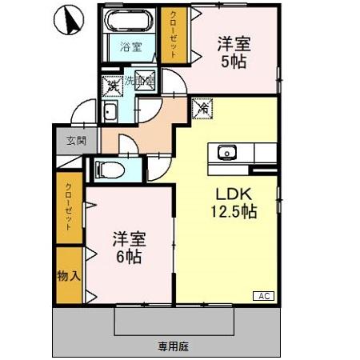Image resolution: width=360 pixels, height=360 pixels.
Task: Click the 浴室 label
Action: pyautogui.click(x=130, y=46)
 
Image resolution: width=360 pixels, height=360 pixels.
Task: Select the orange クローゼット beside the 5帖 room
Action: pyautogui.click(x=173, y=34)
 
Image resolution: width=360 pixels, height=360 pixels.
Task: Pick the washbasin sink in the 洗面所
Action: pyautogui.click(x=110, y=111)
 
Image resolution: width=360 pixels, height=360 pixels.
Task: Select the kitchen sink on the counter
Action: pyautogui.click(x=226, y=151)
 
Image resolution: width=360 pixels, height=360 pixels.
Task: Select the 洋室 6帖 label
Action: pyautogui.click(x=127, y=247)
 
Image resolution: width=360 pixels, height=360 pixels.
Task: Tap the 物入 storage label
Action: pyautogui.click(x=68, y=276)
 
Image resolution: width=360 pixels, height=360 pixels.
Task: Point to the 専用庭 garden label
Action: pyautogui.click(x=172, y=346)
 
